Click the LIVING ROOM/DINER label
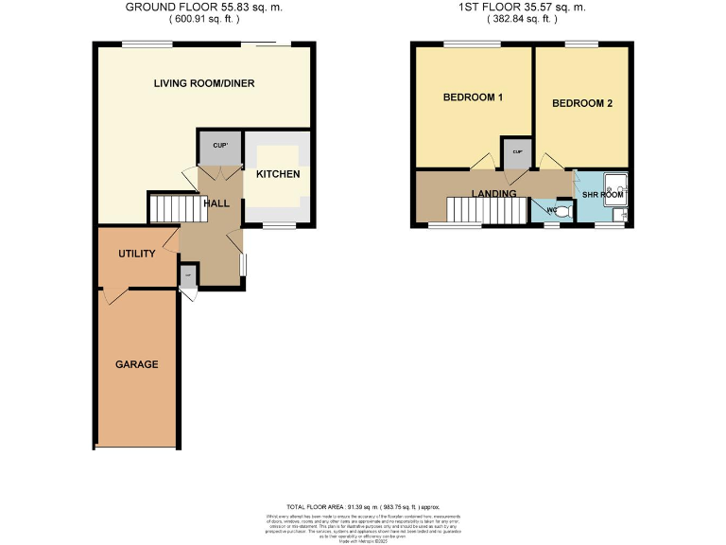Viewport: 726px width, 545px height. [x=204, y=83]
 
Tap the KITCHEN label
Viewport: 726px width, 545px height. [x=278, y=174]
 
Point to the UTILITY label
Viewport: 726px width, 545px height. [x=137, y=255]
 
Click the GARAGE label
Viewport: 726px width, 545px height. [x=137, y=364]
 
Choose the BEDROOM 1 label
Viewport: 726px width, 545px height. [x=473, y=97]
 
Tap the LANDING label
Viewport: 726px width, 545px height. [x=494, y=194]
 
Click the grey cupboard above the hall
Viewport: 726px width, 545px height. [x=220, y=148]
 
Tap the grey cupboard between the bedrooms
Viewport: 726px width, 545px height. [x=517, y=153]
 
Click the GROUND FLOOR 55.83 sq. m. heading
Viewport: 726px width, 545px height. [x=204, y=8]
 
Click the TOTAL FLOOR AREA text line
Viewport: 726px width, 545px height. [x=363, y=508]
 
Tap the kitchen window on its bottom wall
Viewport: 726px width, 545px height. [x=276, y=225]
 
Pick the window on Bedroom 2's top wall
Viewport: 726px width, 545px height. [x=579, y=44]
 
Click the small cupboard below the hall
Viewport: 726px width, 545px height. [x=188, y=276]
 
